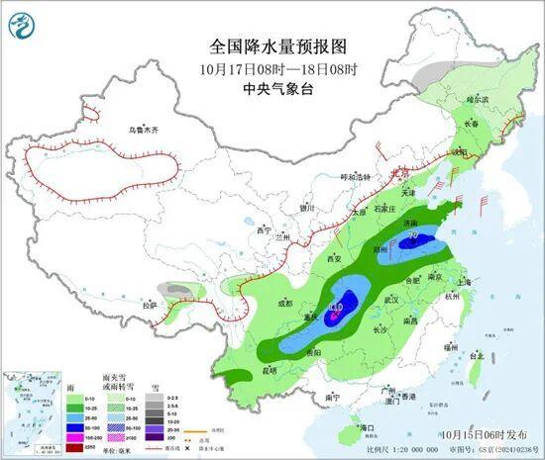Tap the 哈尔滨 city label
pos(478,100)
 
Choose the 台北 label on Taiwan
pos(477,355)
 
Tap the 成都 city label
pos(285,302)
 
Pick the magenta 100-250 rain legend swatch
pos(72,435)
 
